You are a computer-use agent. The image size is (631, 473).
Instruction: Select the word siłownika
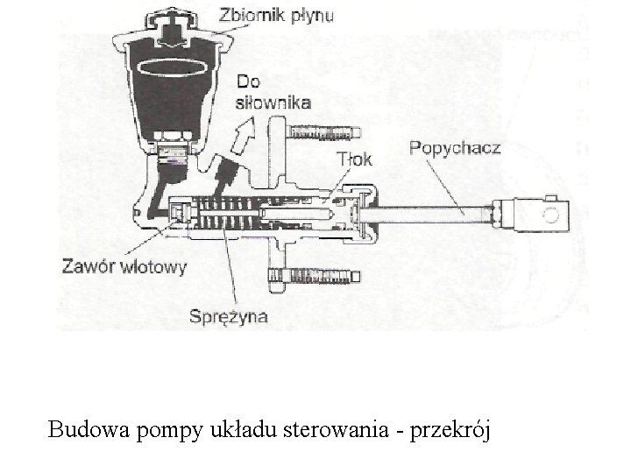pos(273,102)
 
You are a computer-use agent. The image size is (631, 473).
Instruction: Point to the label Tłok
pos(354,159)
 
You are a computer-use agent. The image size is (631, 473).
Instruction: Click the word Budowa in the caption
pos(84,429)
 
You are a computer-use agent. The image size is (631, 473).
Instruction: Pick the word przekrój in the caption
pos(456,431)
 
